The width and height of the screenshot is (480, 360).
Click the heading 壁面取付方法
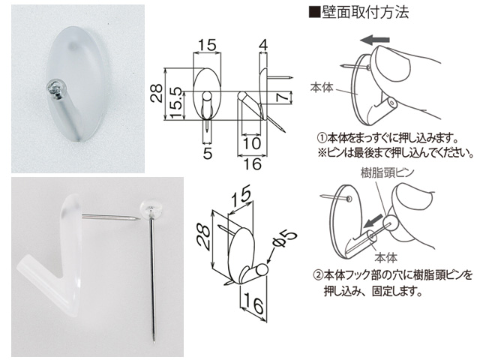point(365,12)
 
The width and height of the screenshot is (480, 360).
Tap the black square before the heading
point(314,13)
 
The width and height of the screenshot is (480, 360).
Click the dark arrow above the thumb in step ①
point(375,40)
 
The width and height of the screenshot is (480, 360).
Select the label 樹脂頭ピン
point(387,173)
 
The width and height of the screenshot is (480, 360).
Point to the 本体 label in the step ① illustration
point(321,88)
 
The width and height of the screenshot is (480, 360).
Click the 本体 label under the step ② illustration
point(386,258)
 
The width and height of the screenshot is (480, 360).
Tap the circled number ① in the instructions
point(322,138)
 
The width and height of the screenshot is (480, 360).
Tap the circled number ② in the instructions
point(319,274)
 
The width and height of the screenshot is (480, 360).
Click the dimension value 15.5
point(176,103)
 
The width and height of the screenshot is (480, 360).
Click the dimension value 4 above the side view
point(263,45)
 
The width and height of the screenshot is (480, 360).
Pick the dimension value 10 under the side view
point(252,143)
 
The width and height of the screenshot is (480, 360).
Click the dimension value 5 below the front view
point(208,154)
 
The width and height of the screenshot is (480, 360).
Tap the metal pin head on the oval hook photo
point(56,88)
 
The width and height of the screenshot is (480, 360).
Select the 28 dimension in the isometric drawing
point(203,238)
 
